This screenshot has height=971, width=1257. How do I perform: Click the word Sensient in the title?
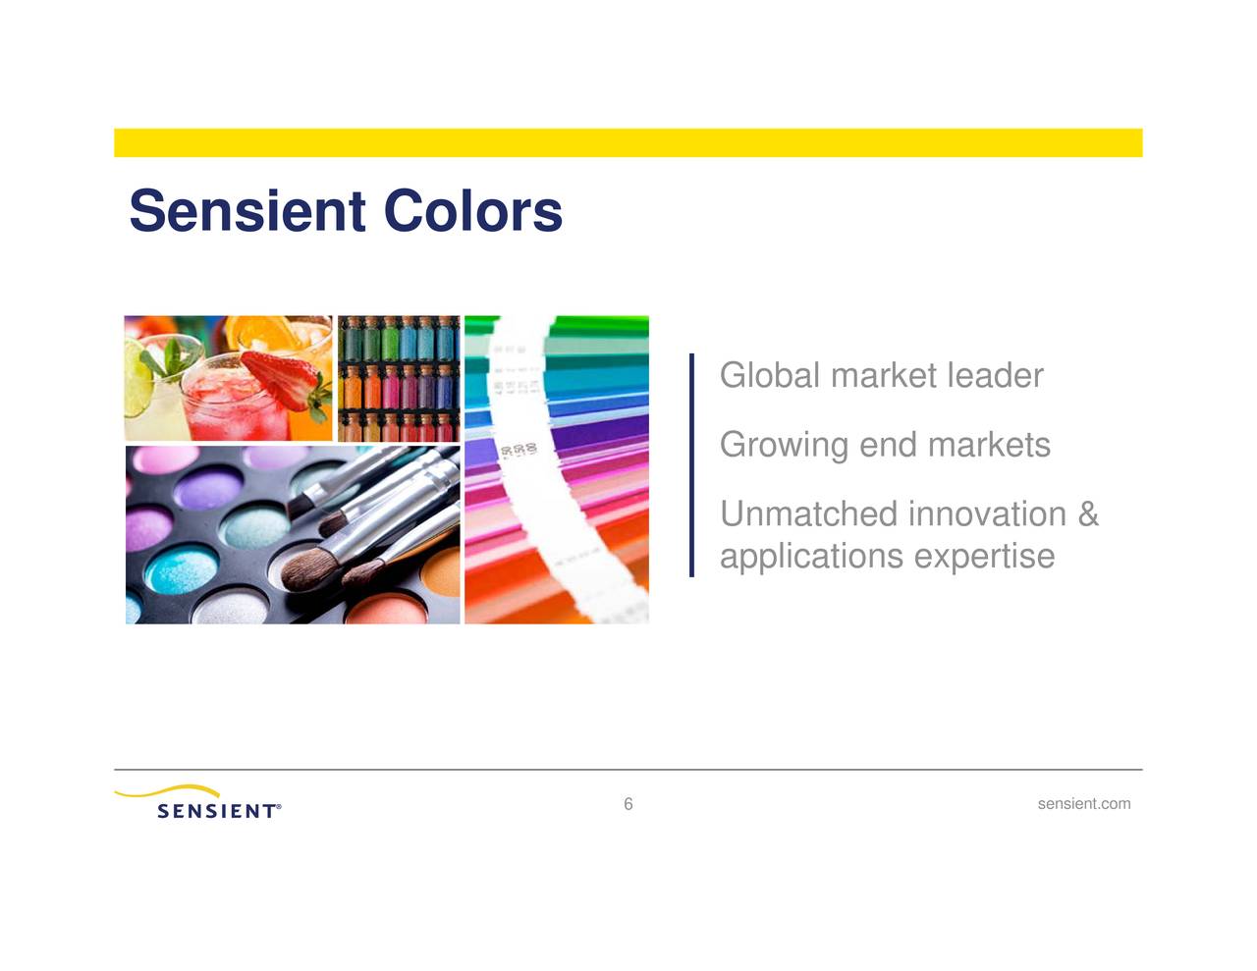pos(247,211)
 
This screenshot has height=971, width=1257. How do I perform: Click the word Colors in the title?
pos(472,211)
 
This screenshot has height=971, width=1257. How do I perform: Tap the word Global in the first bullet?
pos(769,375)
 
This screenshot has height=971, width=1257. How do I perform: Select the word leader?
pos(994,375)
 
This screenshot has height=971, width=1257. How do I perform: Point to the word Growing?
pos(783,445)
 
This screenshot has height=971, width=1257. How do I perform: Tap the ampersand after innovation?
pos(1087,513)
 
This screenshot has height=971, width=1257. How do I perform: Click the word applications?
pos(811,557)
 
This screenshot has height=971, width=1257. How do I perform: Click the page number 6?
pos(628,804)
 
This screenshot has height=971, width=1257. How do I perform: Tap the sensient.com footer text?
pos(1083,804)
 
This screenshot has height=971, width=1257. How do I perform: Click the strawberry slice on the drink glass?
pos(282,378)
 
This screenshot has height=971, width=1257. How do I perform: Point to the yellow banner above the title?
pos(628,142)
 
